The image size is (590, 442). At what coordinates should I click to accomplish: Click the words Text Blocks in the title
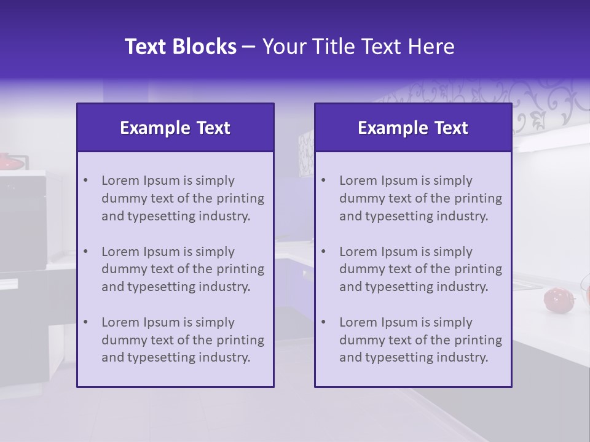pyautogui.click(x=180, y=47)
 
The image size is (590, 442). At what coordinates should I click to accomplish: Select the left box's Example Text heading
pyautogui.click(x=175, y=128)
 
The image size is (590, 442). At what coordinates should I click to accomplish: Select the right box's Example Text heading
pyautogui.click(x=413, y=128)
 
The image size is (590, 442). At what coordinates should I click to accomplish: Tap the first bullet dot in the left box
pyautogui.click(x=85, y=180)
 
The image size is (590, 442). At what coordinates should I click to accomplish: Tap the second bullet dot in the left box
pyautogui.click(x=85, y=252)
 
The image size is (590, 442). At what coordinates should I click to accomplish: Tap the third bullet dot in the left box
pyautogui.click(x=85, y=322)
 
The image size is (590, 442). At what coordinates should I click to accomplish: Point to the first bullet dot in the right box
pyautogui.click(x=323, y=180)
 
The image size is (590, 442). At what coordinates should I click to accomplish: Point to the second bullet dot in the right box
pyautogui.click(x=323, y=252)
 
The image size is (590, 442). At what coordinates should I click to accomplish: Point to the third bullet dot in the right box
pyautogui.click(x=323, y=322)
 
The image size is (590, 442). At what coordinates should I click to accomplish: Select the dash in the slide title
pyautogui.click(x=250, y=47)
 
